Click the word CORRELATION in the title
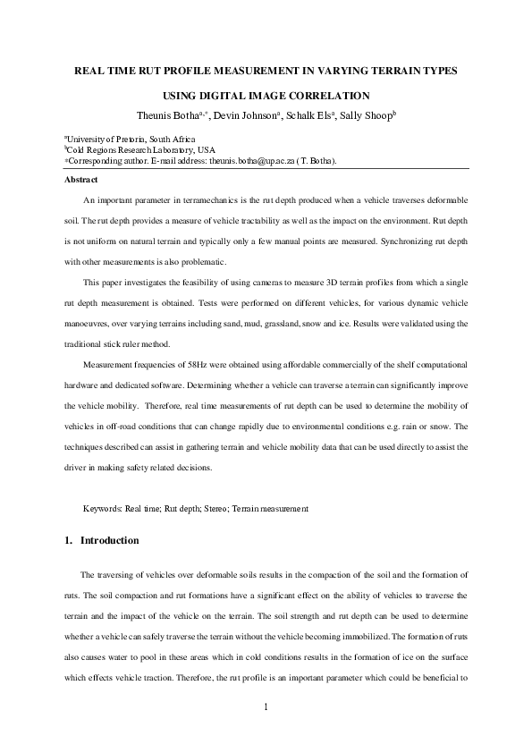point(324,95)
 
